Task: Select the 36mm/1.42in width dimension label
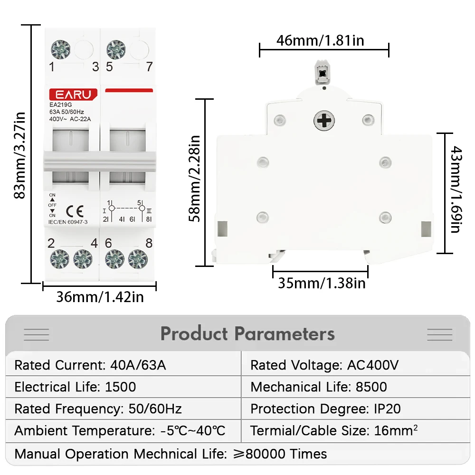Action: click(x=100, y=297)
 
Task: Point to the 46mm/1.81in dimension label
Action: click(x=320, y=41)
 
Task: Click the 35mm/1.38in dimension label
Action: click(x=322, y=284)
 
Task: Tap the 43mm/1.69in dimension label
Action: click(x=455, y=190)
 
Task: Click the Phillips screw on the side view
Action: click(x=324, y=120)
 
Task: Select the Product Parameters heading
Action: click(x=247, y=334)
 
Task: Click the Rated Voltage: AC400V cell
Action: click(x=324, y=365)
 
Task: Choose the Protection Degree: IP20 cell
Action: click(x=325, y=409)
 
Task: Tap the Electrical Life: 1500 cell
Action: click(x=75, y=387)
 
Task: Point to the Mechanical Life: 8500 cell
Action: click(x=319, y=387)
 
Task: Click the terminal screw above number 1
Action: click(x=61, y=49)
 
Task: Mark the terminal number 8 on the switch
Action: click(x=149, y=244)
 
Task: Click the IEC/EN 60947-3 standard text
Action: click(x=68, y=221)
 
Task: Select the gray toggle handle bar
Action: click(x=99, y=161)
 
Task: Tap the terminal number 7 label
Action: click(x=149, y=67)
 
